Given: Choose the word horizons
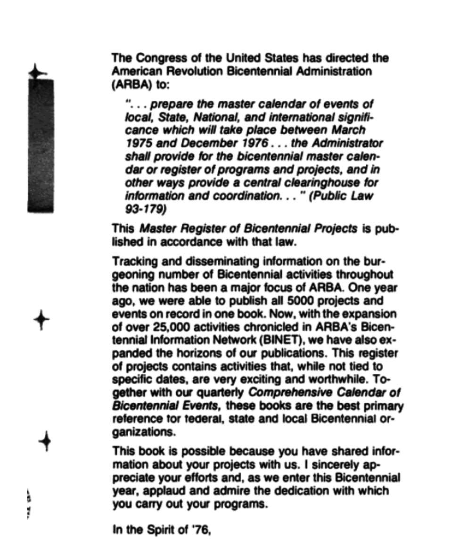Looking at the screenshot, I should tap(181, 353).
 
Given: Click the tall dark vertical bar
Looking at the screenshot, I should tap(41, 146).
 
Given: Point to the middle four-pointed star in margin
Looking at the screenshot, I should tap(41, 320).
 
